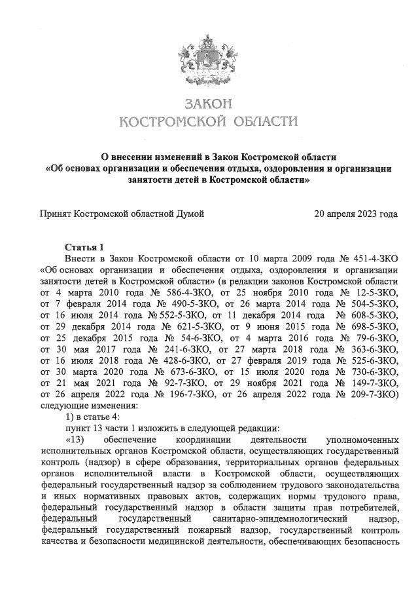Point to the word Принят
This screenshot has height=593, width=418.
coord(56,214)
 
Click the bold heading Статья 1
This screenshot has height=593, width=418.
coord(84,247)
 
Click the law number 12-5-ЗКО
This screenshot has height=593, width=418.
coord(370,292)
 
